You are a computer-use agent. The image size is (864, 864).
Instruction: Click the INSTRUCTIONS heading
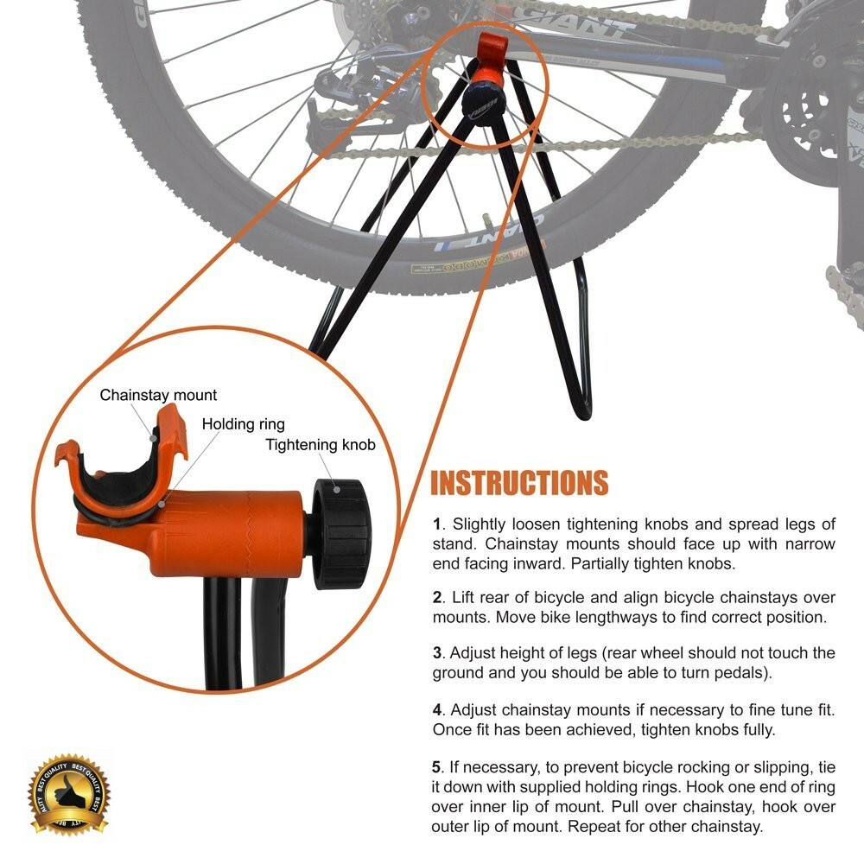pos(519,483)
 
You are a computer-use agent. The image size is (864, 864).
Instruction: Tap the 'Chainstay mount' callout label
pos(158,395)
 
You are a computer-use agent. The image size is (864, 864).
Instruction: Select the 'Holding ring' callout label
pos(243,424)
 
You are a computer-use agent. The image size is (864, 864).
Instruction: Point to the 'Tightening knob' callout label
pos(321,446)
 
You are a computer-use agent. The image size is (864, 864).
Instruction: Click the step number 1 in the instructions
pos(437,524)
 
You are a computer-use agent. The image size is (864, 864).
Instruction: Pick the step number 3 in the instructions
pos(437,653)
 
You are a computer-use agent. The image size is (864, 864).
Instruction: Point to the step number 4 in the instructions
pos(437,709)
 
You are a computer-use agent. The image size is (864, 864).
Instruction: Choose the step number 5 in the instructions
pos(437,766)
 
